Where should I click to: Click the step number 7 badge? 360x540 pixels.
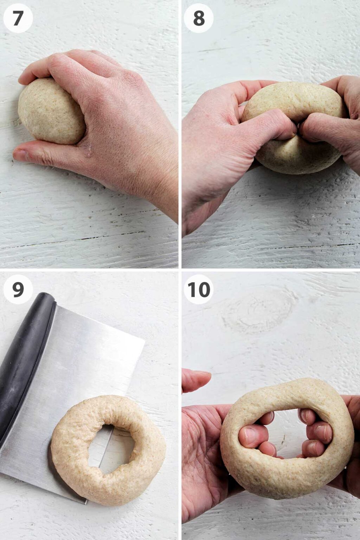(18, 18)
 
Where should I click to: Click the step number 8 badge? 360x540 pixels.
(199, 18)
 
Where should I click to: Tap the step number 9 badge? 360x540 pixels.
(18, 289)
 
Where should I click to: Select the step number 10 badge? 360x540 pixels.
(199, 289)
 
